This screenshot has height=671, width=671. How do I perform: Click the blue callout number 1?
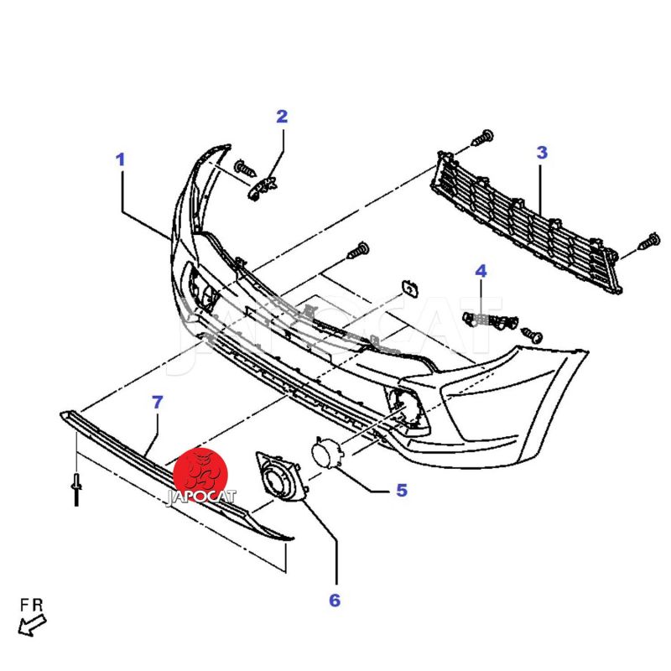[121, 159]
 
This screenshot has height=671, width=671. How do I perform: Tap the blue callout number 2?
[282, 116]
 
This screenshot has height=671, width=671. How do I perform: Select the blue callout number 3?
[542, 153]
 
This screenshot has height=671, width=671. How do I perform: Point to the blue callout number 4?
[481, 271]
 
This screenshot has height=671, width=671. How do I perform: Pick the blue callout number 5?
[402, 491]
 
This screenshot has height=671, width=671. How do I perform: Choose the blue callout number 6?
[335, 600]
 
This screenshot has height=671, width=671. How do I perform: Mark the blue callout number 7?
[158, 403]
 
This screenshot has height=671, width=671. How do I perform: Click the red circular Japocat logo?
[200, 474]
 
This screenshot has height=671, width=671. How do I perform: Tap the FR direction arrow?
[32, 625]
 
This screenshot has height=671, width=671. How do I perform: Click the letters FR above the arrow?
[32, 605]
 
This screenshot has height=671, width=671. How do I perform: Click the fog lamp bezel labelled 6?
[281, 475]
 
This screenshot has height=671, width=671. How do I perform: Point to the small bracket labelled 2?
[263, 187]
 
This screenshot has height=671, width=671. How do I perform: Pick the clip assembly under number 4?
[490, 321]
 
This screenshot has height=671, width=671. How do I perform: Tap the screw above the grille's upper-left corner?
[483, 138]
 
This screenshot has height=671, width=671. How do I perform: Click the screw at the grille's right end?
[649, 242]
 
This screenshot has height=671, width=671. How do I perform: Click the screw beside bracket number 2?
[246, 169]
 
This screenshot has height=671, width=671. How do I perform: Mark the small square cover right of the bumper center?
[409, 289]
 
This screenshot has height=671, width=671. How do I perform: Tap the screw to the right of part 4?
[532, 335]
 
